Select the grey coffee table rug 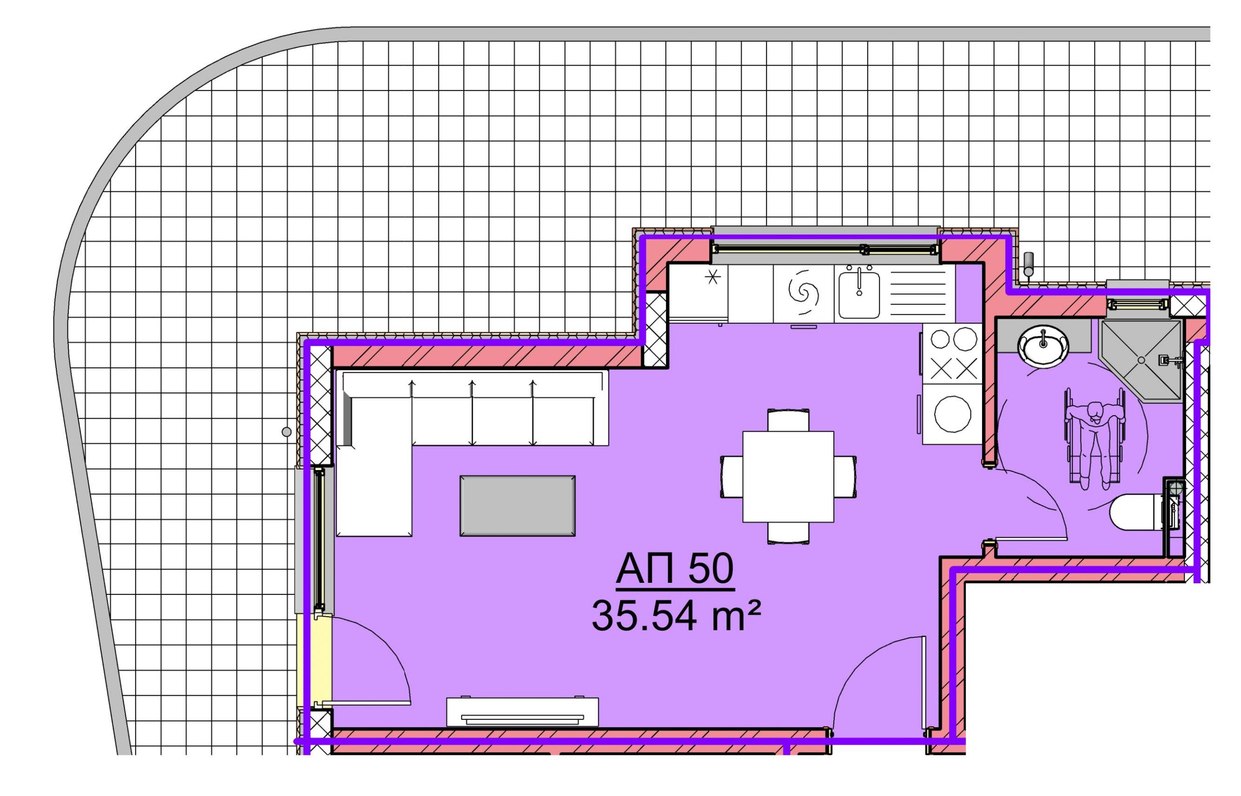(x=517, y=506)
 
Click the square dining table (x=788, y=477)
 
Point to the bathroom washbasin (x=1043, y=346)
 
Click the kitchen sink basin (x=859, y=295)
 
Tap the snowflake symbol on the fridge (x=713, y=278)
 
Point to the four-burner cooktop (x=953, y=354)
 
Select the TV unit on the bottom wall (x=522, y=712)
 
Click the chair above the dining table (x=788, y=420)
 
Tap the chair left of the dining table (x=732, y=477)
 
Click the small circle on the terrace (x=286, y=432)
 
